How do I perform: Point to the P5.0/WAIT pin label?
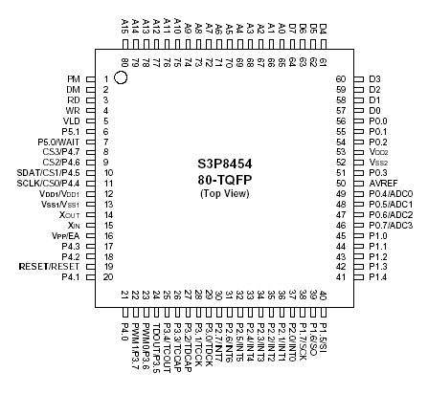(60, 141)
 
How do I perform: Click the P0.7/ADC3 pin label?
(392, 225)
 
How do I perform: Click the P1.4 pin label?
(377, 276)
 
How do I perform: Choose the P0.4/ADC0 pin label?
(392, 193)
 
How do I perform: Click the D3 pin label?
(373, 77)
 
